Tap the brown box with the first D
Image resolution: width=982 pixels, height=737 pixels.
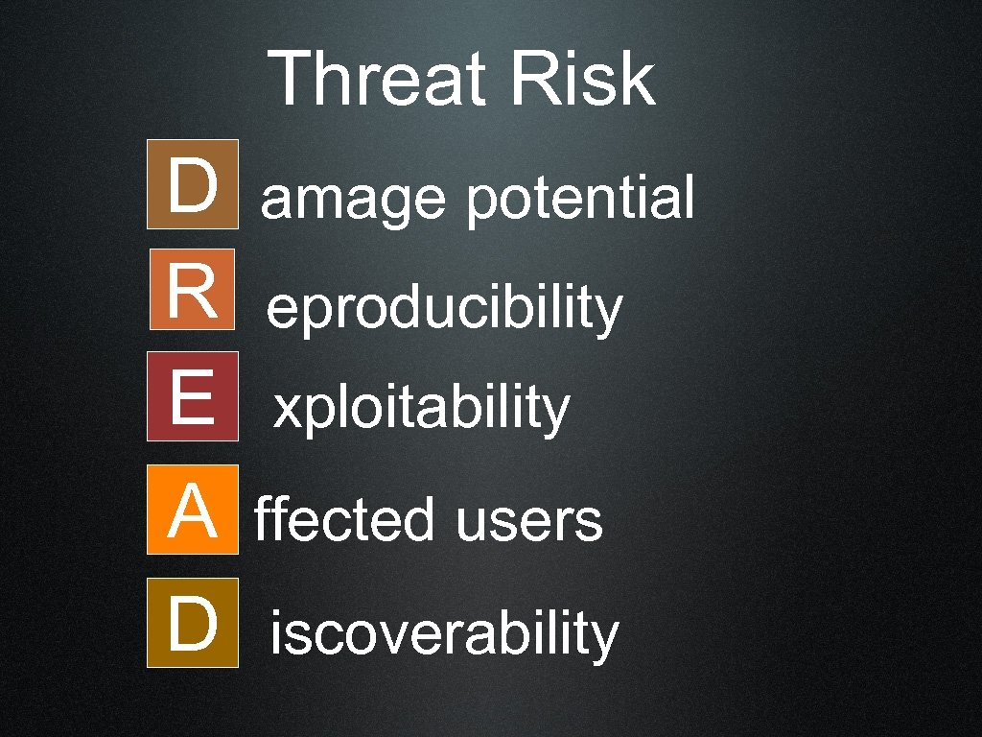[x=192, y=184]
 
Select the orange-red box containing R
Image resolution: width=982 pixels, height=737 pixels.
[x=192, y=289]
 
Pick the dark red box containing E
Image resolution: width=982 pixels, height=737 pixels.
[x=192, y=396]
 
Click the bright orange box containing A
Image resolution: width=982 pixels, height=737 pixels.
[x=192, y=510]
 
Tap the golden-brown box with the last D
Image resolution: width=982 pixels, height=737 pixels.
[x=192, y=622]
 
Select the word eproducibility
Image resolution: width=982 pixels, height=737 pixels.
[x=445, y=310]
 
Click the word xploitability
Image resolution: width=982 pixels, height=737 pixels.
[x=421, y=411]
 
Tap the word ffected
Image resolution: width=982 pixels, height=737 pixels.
[x=344, y=521]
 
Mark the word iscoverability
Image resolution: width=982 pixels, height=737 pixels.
[x=444, y=635]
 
